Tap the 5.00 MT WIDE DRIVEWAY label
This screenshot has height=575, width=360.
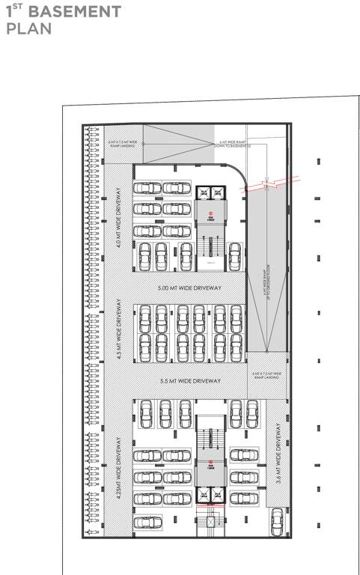click(189, 288)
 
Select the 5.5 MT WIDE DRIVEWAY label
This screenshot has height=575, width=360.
click(191, 382)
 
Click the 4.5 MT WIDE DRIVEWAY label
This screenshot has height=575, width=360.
click(120, 331)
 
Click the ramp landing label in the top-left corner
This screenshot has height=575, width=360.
click(123, 144)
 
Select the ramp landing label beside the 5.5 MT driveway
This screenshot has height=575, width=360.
click(266, 375)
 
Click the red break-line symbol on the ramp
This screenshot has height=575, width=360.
click(278, 182)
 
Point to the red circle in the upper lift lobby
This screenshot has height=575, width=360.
click(212, 214)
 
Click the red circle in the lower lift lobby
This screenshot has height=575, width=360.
click(212, 462)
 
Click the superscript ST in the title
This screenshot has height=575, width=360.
click(19, 7)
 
